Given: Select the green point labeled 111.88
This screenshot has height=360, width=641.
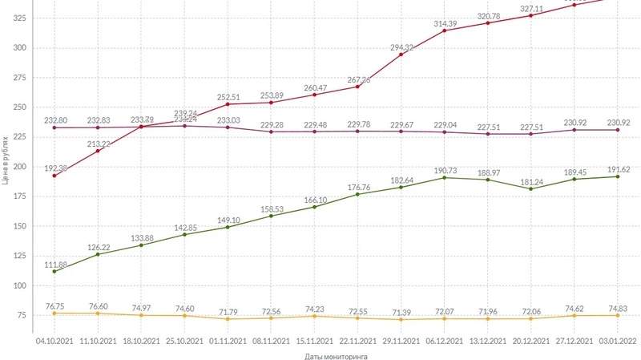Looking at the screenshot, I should point(54,271).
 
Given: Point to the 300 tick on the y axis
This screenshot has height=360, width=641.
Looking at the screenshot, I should point(18,48).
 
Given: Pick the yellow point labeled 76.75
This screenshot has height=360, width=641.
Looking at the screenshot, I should point(54,313).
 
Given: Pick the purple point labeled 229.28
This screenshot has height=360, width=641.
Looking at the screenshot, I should point(271,131).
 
